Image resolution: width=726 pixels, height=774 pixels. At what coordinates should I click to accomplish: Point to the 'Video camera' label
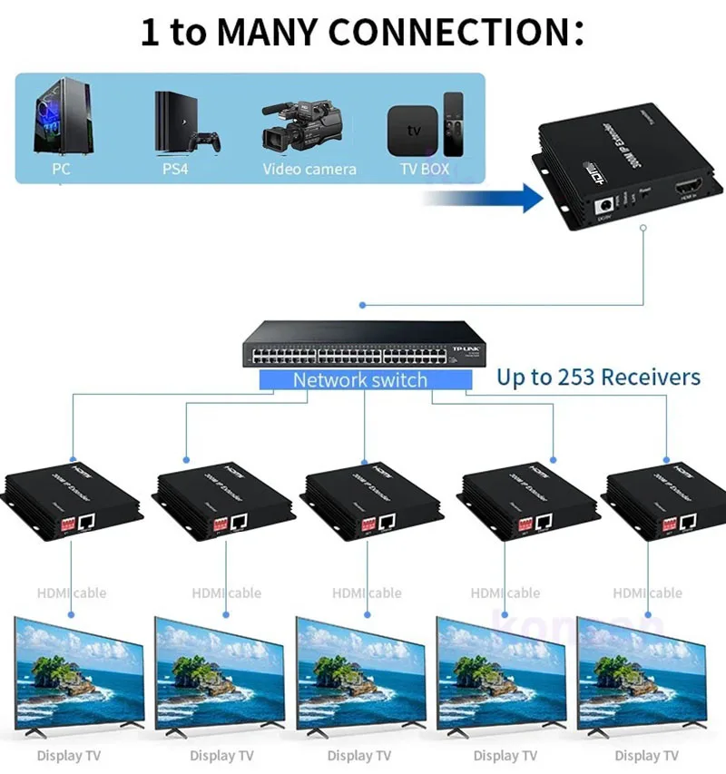309,169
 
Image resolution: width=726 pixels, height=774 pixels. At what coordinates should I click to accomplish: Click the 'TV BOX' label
424,169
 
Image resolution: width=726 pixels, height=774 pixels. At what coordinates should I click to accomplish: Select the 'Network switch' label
359,379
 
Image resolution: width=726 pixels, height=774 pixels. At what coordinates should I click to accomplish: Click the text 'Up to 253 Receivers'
598,377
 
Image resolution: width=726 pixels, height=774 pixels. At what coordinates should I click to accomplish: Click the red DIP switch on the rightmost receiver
670,524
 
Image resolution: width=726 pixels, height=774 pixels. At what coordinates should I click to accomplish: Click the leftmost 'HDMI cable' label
72,593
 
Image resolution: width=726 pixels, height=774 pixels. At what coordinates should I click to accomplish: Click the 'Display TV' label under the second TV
221,755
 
